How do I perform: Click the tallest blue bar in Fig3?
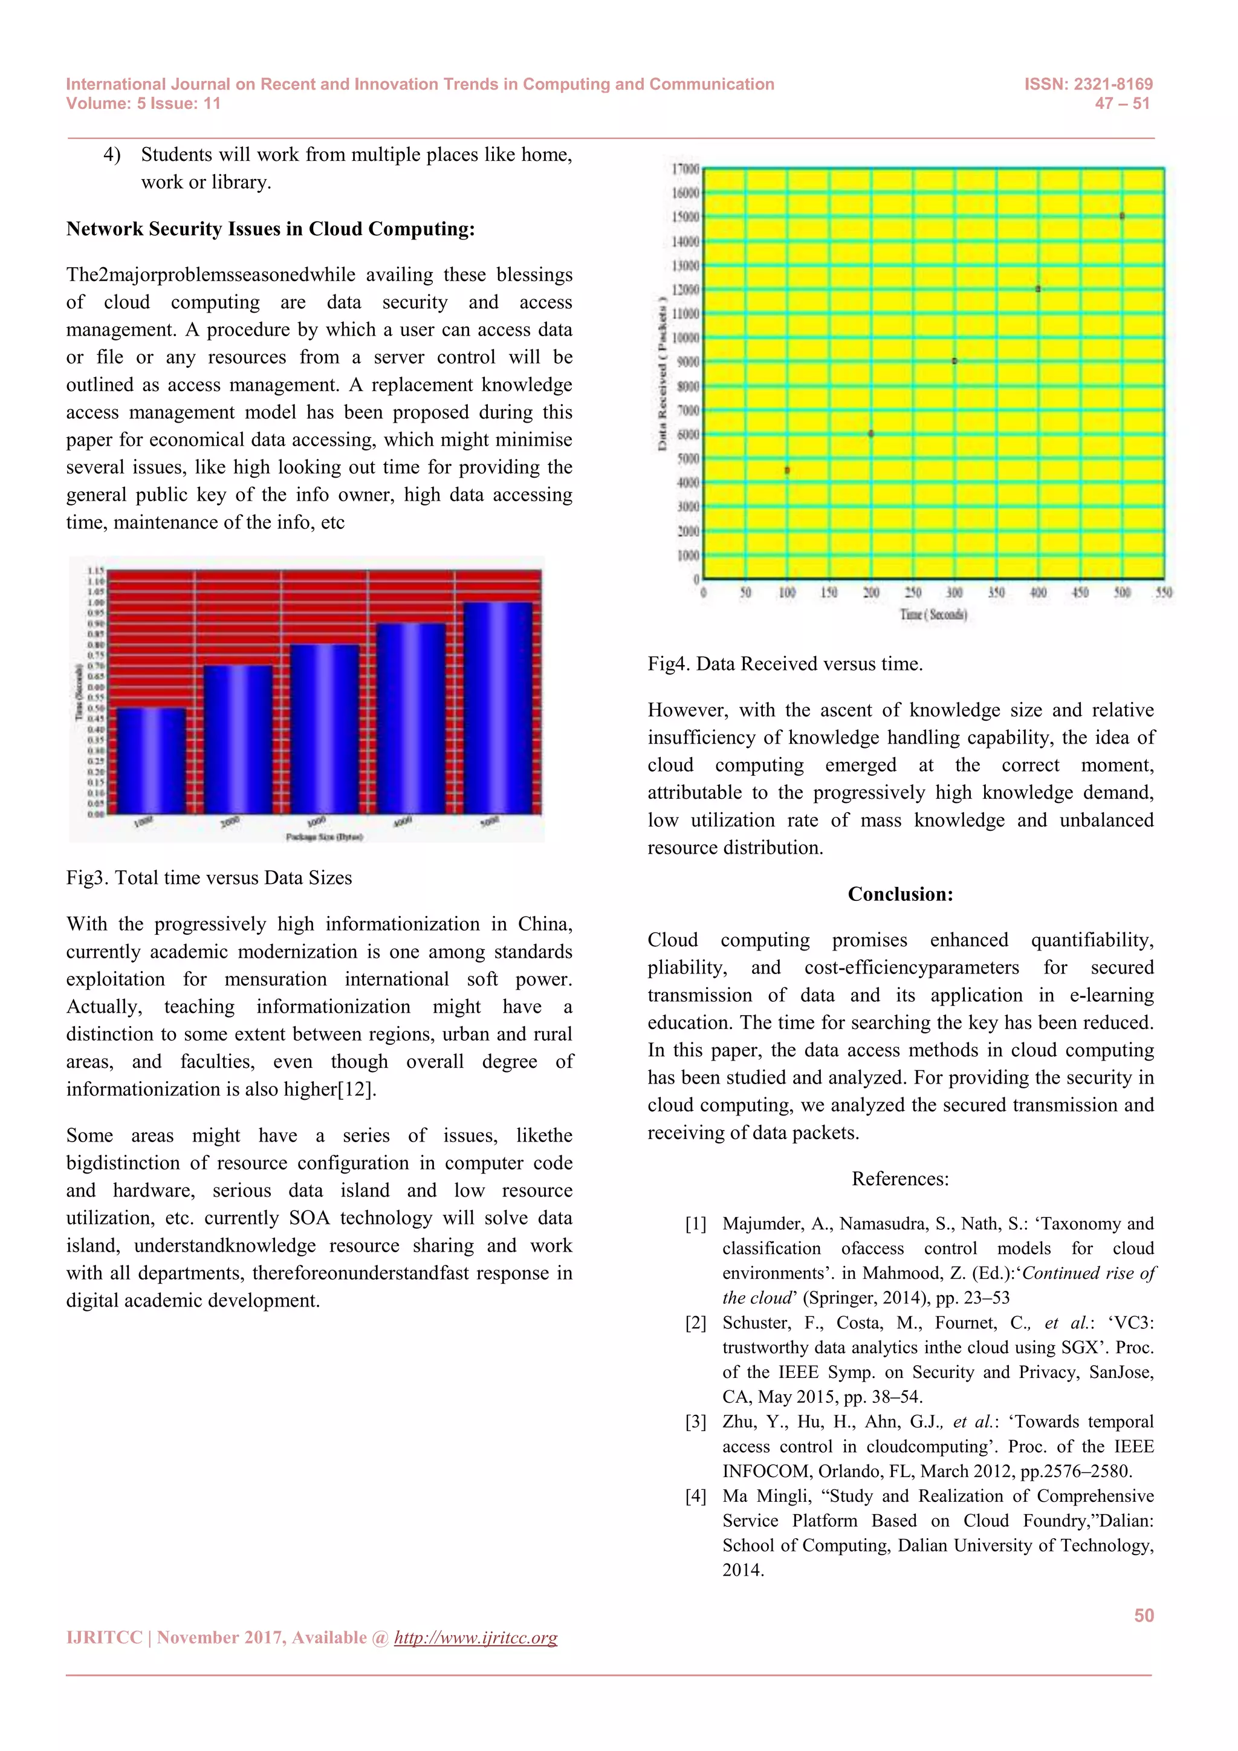(x=497, y=708)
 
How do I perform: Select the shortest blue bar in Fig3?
(x=151, y=761)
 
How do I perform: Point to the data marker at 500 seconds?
(x=1121, y=216)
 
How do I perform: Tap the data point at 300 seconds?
(x=954, y=361)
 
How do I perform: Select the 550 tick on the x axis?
(x=1163, y=593)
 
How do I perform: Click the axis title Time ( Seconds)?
(x=933, y=615)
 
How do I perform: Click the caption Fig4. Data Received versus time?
(x=785, y=664)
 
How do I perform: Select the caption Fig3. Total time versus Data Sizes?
(x=209, y=878)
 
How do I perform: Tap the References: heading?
(x=900, y=1178)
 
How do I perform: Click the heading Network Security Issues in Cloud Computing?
(x=271, y=229)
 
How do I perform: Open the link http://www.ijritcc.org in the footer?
(x=476, y=1637)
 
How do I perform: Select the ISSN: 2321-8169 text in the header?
(x=1088, y=84)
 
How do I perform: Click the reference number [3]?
(x=695, y=1421)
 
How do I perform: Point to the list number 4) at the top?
(x=112, y=155)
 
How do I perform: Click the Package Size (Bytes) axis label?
(x=324, y=837)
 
